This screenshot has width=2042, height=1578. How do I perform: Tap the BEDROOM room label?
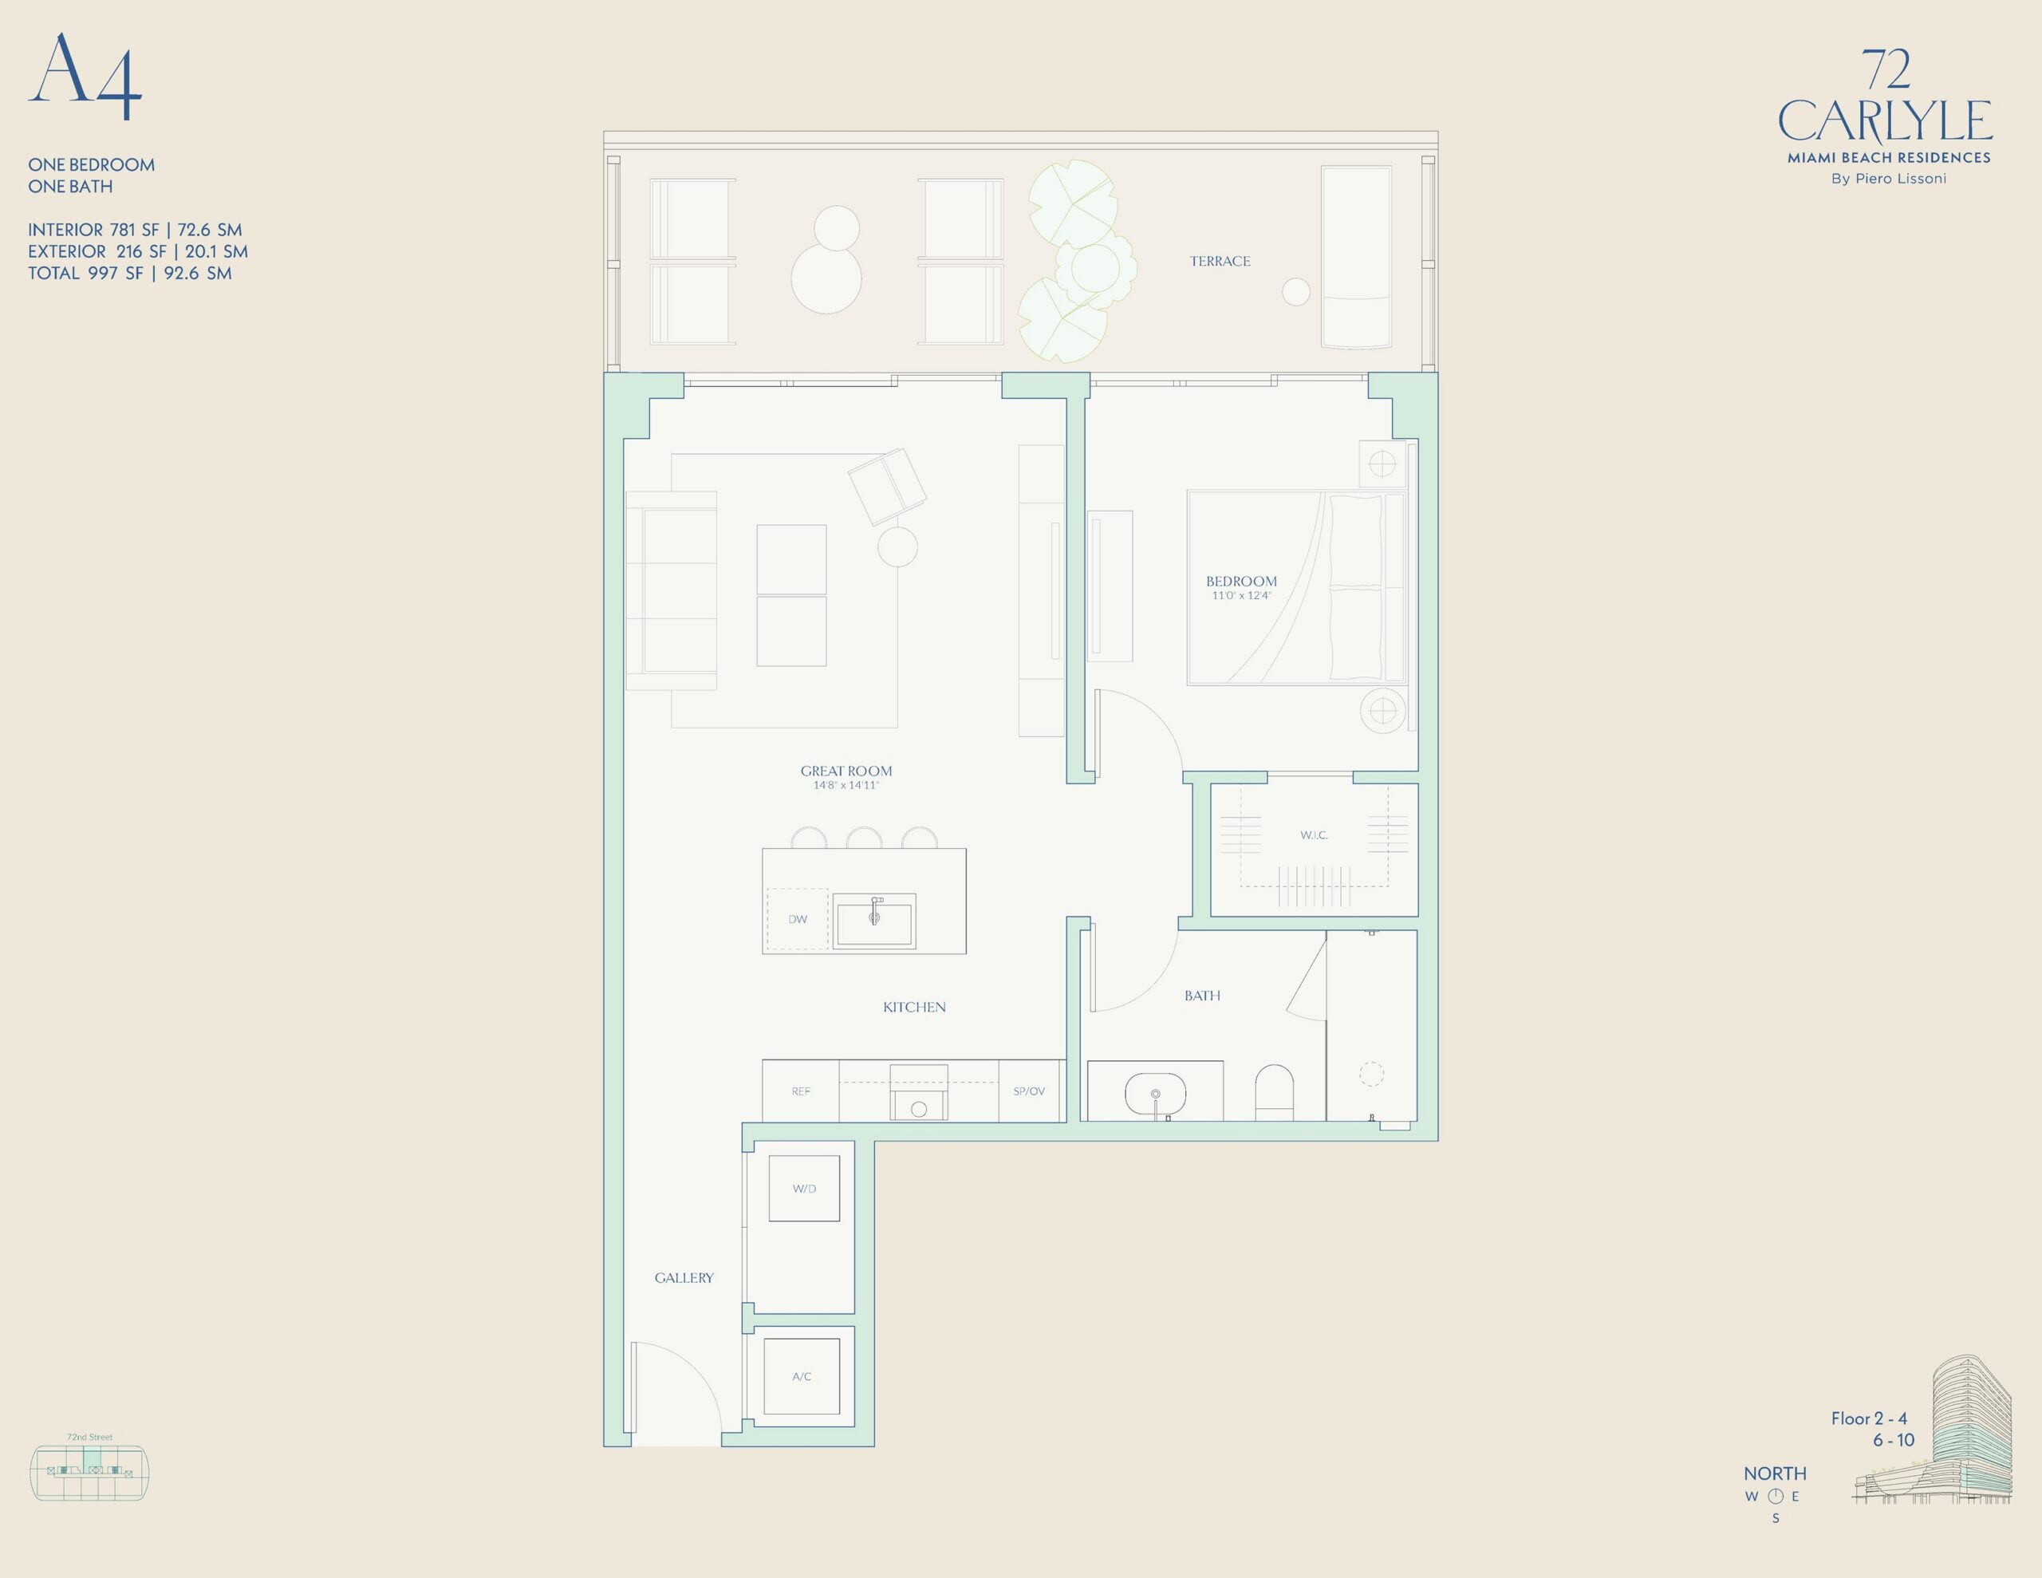tap(1240, 582)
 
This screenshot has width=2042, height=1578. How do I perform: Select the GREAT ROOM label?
tap(846, 771)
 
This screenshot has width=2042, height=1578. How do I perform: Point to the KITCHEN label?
tap(914, 1008)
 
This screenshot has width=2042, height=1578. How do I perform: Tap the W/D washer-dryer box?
tap(804, 1188)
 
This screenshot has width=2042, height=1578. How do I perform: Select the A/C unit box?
tap(802, 1376)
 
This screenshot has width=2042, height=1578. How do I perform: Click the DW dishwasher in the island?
tap(798, 920)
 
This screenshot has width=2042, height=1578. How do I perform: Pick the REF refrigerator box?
tap(800, 1091)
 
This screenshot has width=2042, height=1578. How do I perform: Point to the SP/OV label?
tap(1028, 1091)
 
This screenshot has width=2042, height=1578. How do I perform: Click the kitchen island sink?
tap(874, 921)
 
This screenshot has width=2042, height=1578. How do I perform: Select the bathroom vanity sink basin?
tap(1156, 1092)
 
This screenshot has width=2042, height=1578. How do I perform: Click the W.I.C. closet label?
tap(1314, 835)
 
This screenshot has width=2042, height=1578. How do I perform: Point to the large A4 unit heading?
tap(85, 77)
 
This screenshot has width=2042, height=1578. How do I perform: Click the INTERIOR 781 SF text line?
tap(135, 230)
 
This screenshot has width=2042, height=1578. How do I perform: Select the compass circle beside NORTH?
tap(1776, 1496)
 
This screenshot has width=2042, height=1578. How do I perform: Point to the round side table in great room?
tap(897, 547)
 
